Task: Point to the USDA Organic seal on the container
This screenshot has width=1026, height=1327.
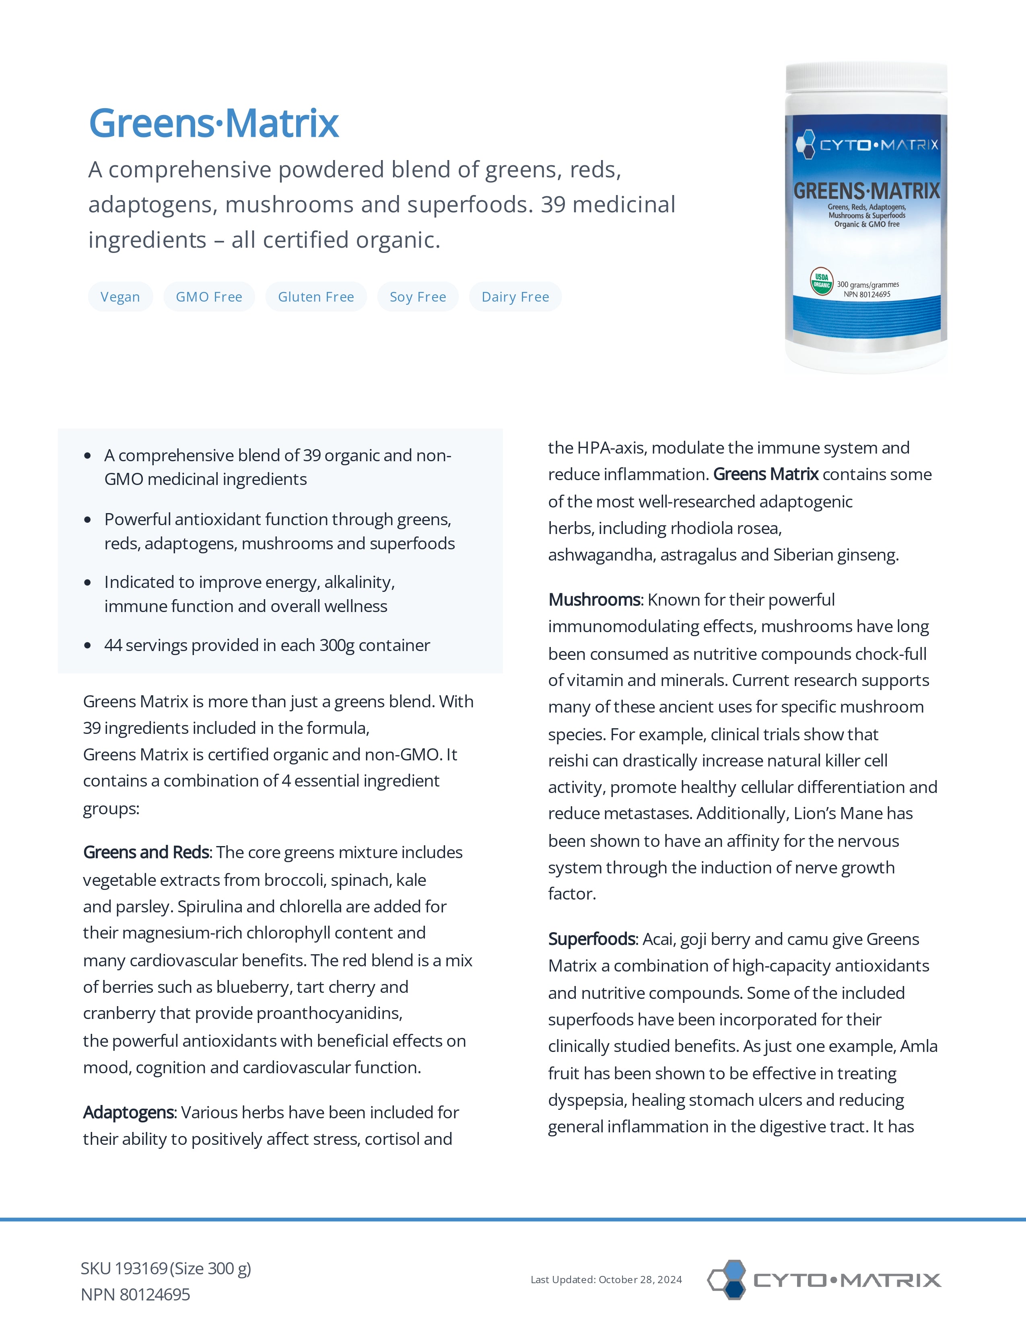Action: (821, 281)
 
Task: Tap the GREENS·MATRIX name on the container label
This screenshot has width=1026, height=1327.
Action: (866, 191)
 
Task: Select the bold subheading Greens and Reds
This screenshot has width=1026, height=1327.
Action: (146, 852)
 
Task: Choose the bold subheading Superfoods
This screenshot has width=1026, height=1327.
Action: (592, 939)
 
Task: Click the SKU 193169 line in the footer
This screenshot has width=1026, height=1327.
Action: (166, 1269)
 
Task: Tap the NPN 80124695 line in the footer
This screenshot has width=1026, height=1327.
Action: (136, 1295)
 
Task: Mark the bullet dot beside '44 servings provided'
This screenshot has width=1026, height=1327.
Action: (88, 645)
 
